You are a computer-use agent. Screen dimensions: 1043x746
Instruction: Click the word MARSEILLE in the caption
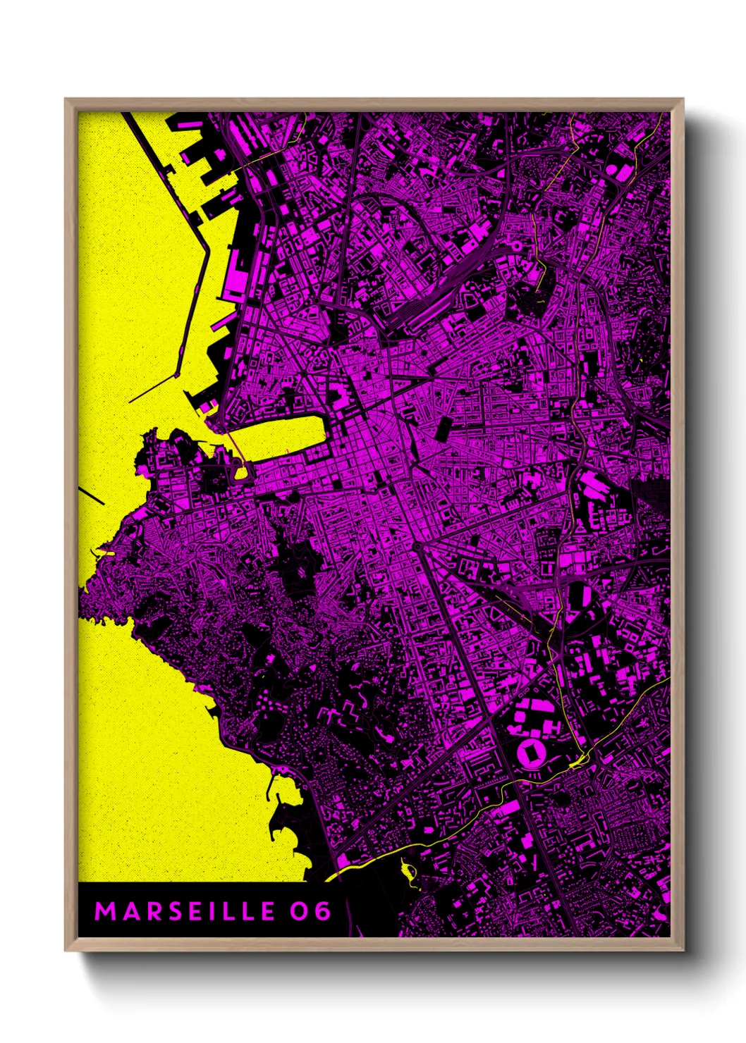coord(185,911)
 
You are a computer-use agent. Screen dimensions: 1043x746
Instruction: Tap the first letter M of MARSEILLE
coord(104,911)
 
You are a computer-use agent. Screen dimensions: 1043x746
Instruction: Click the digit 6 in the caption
coord(322,911)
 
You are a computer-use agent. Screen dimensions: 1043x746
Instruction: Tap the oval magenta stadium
coord(530,753)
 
